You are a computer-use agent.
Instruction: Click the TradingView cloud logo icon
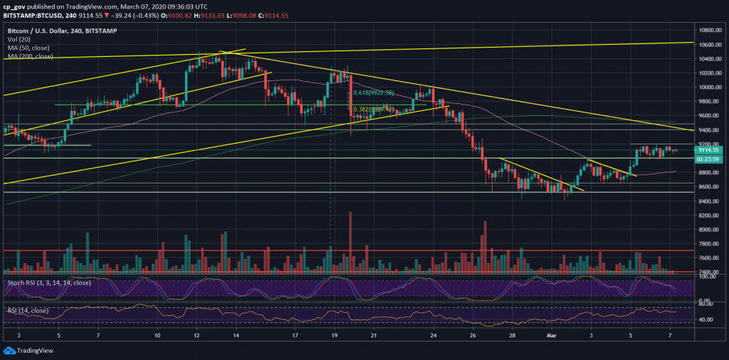9,349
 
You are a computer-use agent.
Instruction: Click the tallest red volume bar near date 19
350,242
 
